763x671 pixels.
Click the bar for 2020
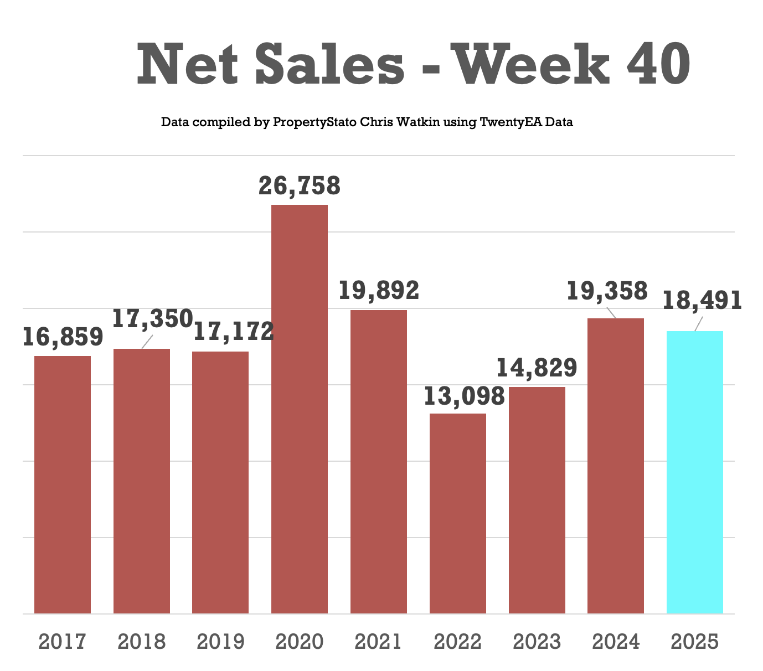coord(299,410)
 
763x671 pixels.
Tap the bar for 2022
coord(457,514)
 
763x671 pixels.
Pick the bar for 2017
coord(63,485)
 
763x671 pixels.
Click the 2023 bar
coord(537,500)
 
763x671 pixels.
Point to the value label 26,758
coord(299,186)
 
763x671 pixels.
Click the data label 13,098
coord(464,396)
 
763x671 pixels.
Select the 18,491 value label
coord(702,301)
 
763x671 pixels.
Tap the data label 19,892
coord(379,291)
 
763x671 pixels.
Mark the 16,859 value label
coord(63,337)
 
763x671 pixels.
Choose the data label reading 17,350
coord(152,319)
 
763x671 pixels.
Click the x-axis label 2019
coord(220,642)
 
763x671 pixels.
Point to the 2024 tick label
coord(616,642)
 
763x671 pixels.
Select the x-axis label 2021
coord(379,642)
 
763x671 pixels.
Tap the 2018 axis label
coord(141,642)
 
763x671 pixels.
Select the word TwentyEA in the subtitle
coord(511,122)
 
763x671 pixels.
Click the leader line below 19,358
coord(611,312)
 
